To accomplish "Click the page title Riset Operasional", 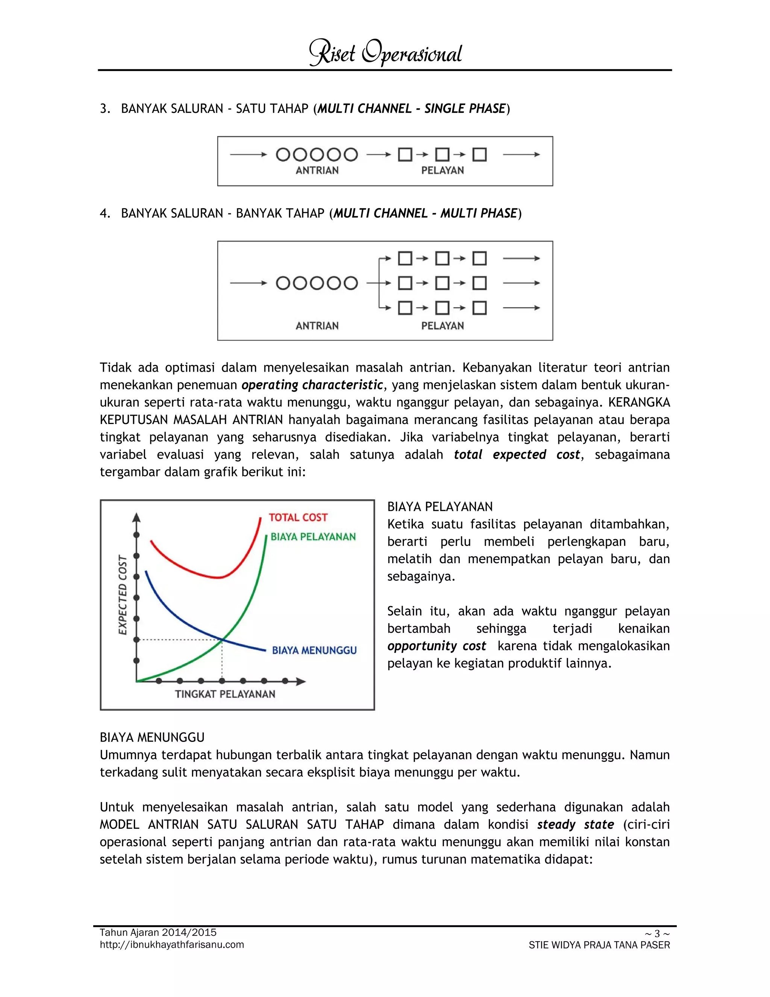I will pos(385,53).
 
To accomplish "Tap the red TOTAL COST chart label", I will pos(298,517).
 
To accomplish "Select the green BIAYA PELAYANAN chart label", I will pos(313,537).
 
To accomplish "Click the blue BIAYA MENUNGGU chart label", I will pos(314,650).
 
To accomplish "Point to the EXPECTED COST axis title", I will pos(122,595).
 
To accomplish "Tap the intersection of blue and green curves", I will pos(222,640).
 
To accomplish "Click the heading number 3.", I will pos(105,109).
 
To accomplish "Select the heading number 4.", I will pos(105,213).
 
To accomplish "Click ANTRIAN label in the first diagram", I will pos(317,170).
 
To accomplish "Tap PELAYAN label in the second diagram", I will pos(442,326).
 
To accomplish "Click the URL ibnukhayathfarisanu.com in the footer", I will pos(172,944).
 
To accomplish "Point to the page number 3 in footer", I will pos(657,933).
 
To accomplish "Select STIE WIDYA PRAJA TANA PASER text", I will pos(599,945).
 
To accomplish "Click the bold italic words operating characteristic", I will pos(312,385).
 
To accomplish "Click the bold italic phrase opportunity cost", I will pos(437,646).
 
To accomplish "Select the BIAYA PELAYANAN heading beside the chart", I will pos(440,507).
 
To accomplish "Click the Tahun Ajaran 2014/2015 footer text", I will pos(158,933).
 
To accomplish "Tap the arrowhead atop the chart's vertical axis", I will pos(136,517).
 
